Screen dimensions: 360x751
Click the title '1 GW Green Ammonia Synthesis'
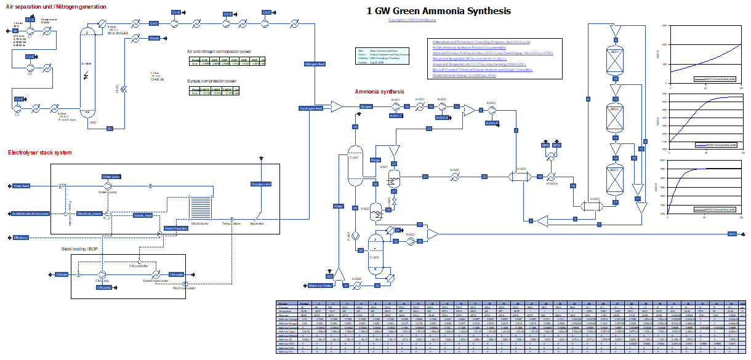pos(438,11)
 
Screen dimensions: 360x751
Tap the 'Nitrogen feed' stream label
pos(315,64)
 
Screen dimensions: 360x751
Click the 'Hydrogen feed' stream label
pos(311,108)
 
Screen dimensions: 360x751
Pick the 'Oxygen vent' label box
pos(261,184)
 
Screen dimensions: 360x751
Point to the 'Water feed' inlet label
pos(22,185)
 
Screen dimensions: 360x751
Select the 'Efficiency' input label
pos(21,237)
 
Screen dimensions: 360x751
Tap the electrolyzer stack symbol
pos(200,210)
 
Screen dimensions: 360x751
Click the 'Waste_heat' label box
pos(143,215)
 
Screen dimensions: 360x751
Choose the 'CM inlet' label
pos(61,274)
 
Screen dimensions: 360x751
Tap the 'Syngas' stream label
pos(367,106)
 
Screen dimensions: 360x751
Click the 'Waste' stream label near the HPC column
pos(155,38)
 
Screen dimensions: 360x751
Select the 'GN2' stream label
pos(154,23)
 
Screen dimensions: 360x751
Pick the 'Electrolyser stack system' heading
pos(39,153)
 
